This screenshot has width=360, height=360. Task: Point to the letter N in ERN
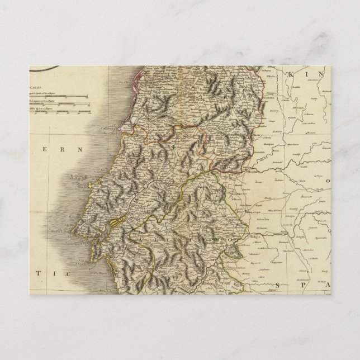coord(79,150)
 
